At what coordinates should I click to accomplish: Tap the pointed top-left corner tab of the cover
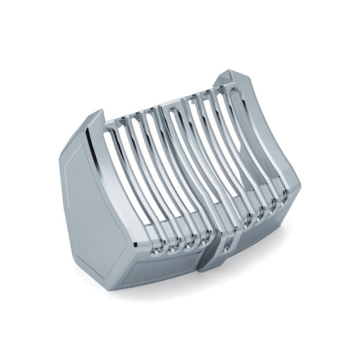(97, 115)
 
